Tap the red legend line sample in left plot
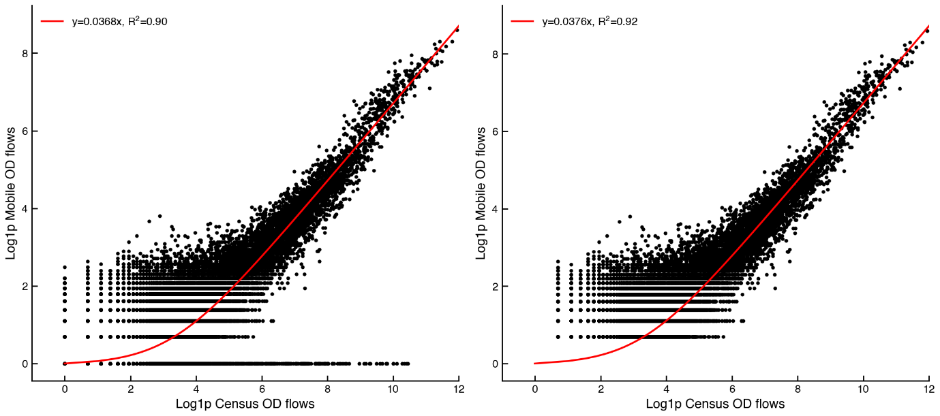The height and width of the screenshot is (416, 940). coord(52,21)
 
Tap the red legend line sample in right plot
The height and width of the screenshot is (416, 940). coord(522,21)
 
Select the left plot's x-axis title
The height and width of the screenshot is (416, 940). coord(245,404)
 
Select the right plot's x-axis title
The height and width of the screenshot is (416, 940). coord(715,404)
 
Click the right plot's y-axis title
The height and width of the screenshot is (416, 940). coord(481,193)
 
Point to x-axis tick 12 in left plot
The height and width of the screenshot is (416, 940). coord(459,389)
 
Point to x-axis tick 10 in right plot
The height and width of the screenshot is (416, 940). coord(863,389)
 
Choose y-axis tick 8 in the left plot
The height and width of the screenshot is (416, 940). coord(25,54)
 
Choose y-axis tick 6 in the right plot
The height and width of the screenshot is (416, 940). coord(494,131)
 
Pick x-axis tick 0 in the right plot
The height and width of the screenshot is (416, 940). coord(534,389)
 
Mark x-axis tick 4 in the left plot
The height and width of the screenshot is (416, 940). coord(196,389)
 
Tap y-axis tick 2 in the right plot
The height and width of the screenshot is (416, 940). coord(494,287)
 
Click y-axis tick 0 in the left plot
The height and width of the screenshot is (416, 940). coord(25,364)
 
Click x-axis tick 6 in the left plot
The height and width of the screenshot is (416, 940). coord(262,389)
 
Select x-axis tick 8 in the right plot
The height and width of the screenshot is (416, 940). coord(798,389)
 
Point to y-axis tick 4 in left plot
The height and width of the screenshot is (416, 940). coord(25,209)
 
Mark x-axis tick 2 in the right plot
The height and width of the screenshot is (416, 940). coord(601,389)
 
